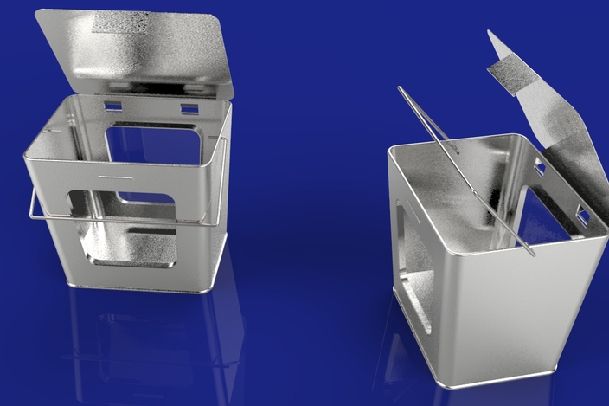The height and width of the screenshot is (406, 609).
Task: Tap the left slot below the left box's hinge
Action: coord(113,106)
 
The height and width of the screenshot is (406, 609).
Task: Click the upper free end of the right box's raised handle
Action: coord(401,88)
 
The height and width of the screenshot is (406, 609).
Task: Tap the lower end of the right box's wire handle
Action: coord(531,254)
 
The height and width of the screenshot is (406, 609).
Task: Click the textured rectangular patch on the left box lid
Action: coord(120,23)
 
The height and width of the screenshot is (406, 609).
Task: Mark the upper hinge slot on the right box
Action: coord(540,165)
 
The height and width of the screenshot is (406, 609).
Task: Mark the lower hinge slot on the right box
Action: coord(582,216)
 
